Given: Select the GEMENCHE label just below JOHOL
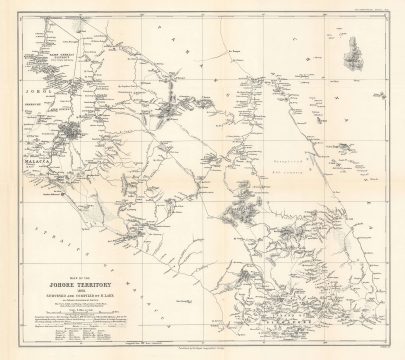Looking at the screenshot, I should coord(34,87).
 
